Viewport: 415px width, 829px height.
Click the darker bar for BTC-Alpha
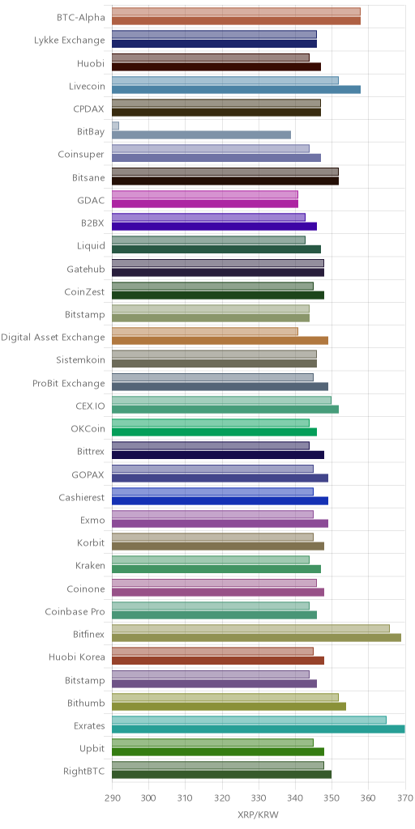pos(236,20)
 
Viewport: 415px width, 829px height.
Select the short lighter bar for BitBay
pos(115,125)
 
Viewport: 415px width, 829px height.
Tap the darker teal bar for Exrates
pos(259,729)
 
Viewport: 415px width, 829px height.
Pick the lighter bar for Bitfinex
pos(251,628)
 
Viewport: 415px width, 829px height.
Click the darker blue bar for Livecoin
pos(236,89)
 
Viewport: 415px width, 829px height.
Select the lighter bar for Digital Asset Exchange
pos(205,331)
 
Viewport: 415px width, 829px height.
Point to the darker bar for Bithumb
pos(229,706)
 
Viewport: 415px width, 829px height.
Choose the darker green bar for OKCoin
pos(214,432)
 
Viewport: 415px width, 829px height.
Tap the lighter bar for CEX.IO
pos(222,400)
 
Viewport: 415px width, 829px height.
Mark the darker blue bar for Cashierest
pos(220,500)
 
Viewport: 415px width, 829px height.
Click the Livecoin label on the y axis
pos(87,86)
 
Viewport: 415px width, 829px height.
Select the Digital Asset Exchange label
pos(53,337)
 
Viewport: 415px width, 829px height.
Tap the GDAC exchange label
pos(91,201)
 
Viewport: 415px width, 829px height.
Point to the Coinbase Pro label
pos(75,612)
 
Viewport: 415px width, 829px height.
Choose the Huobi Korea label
pos(77,657)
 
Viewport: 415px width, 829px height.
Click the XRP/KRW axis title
pos(259,814)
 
